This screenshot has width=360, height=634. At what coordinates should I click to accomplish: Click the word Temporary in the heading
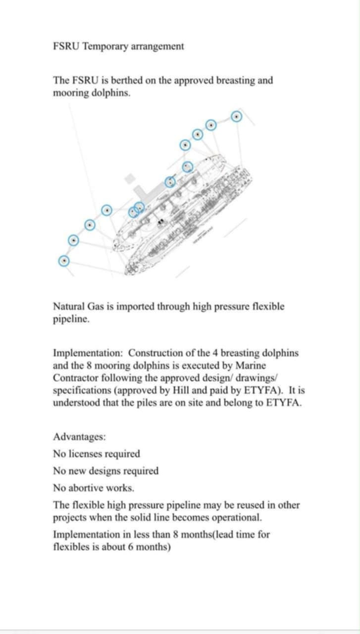pos(105,47)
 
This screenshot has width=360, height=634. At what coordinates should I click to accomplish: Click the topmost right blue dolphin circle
pos(237,117)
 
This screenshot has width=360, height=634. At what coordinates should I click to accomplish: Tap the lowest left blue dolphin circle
pos(63,261)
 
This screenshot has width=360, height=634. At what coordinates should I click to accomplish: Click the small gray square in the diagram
pos(130,178)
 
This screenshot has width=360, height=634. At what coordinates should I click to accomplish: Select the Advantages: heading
pos(79,437)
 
